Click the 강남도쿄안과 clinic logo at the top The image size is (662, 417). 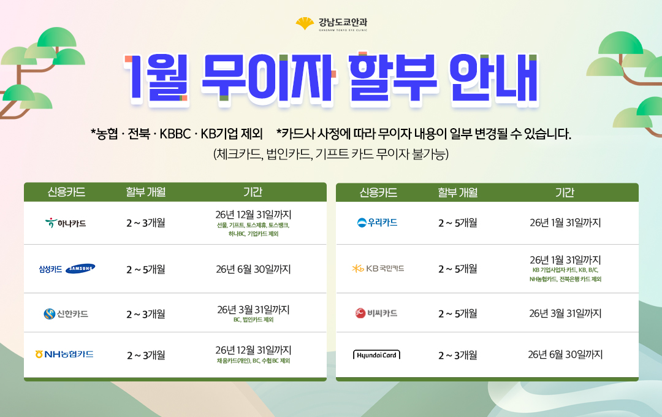tap(332, 24)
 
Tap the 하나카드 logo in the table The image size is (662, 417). tap(66, 223)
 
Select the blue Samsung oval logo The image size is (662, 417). tap(81, 268)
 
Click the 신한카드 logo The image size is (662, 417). tap(66, 313)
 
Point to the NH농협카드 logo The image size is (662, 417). tap(64, 354)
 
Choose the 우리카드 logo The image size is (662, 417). tap(377, 222)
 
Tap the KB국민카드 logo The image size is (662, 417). tap(378, 268)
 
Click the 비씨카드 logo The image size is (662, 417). tap(376, 313)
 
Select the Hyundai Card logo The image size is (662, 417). tap(376, 355)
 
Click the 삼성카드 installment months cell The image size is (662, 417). tap(146, 269)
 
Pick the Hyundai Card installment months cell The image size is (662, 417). tap(458, 355)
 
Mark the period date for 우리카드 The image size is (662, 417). tap(565, 222)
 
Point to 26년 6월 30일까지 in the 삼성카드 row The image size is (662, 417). tap(253, 269)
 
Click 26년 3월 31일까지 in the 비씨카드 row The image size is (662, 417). tap(565, 313)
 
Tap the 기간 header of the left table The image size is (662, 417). tap(253, 192)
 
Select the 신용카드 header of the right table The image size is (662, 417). tap(378, 193)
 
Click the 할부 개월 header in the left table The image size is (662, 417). tap(146, 192)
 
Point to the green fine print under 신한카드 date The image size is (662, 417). tap(253, 320)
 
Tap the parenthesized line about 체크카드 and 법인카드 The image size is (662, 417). tap(331, 154)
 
